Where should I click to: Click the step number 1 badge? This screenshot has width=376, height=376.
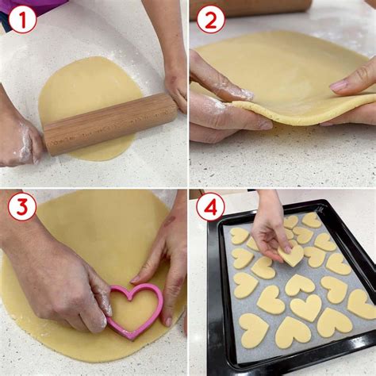22,18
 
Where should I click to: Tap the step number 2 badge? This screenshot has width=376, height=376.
210,18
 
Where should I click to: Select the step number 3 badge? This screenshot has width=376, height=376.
22,207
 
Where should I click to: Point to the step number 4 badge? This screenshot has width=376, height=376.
210,207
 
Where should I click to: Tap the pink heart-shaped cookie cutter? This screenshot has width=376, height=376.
134,309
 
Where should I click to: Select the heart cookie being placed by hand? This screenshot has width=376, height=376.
293,255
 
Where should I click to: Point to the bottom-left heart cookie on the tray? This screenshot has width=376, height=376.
254,330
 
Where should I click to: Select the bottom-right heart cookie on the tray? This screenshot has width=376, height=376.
361,303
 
